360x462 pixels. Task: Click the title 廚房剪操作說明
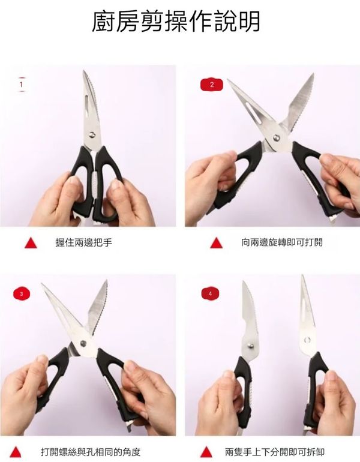(x=176, y=21)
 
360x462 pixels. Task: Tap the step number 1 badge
(x=21, y=85)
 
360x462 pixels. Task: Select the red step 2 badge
(x=212, y=85)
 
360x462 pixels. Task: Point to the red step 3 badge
(x=22, y=294)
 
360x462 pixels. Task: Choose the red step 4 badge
(x=210, y=294)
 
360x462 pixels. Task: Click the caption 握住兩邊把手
(x=83, y=242)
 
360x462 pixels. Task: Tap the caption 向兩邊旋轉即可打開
(x=282, y=242)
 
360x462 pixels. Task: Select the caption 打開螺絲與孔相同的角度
(x=91, y=452)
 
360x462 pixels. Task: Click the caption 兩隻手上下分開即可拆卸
(x=275, y=452)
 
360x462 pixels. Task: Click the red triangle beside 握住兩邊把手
(x=31, y=244)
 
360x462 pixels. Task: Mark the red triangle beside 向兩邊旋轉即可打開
(x=216, y=244)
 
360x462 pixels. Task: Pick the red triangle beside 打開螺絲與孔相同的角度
(x=16, y=452)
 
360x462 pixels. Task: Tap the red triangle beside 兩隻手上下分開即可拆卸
(x=206, y=452)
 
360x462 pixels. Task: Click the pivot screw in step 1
(x=92, y=134)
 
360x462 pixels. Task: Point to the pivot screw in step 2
(x=277, y=137)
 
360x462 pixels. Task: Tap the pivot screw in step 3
(x=83, y=343)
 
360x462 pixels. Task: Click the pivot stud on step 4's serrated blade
(x=250, y=344)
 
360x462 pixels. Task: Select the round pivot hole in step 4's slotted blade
(x=307, y=340)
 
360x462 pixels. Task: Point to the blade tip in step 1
(x=84, y=71)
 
